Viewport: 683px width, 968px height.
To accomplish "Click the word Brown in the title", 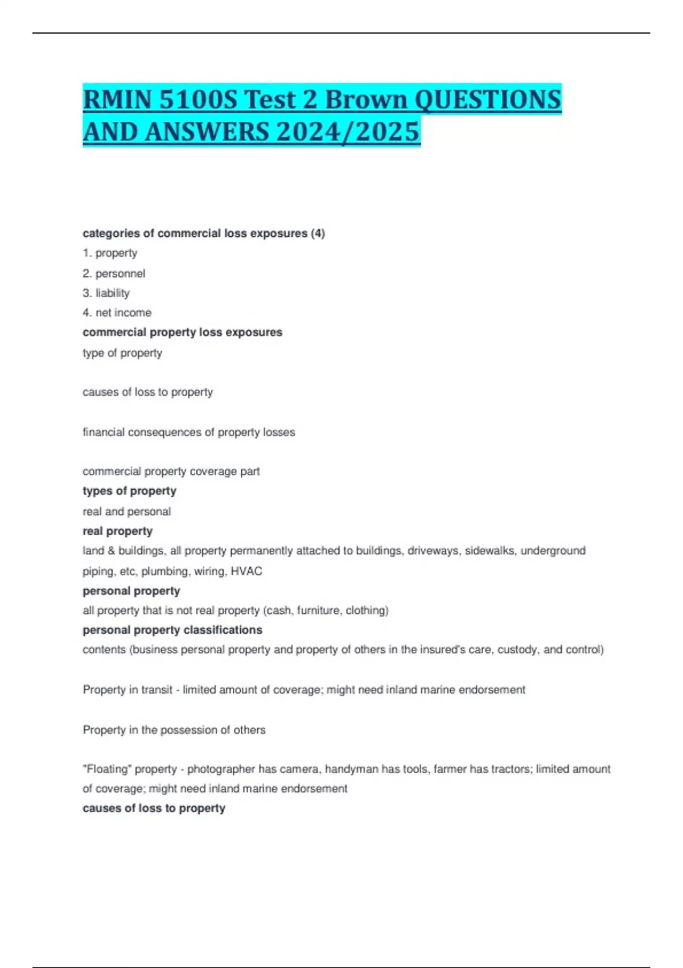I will click(x=366, y=100).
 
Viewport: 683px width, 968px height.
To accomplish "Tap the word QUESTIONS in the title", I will click(x=488, y=100).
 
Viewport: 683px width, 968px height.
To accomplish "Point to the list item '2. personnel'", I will click(x=114, y=273).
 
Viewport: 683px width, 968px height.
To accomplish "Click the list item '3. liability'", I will click(x=106, y=293).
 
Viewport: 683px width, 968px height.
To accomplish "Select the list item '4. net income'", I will click(x=117, y=313).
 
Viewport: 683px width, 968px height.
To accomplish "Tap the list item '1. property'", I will click(x=110, y=253).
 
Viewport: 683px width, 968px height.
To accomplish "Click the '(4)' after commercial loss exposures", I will click(x=318, y=233).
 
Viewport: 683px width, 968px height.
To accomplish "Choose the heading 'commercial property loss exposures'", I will click(x=182, y=332).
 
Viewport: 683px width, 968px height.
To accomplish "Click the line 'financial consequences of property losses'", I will click(x=188, y=432).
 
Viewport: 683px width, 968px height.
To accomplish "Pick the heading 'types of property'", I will click(x=129, y=491).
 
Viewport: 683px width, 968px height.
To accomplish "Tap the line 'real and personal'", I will click(x=126, y=511).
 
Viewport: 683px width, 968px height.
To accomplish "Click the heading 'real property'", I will click(x=117, y=531).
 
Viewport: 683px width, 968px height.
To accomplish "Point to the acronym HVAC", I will click(x=246, y=571).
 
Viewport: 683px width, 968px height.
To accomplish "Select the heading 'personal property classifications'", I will click(x=172, y=630).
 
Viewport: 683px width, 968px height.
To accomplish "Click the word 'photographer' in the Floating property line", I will click(x=221, y=769).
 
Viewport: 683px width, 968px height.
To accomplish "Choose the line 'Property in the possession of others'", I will click(x=174, y=730).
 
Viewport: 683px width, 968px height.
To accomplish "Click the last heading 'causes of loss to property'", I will click(x=154, y=808).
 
